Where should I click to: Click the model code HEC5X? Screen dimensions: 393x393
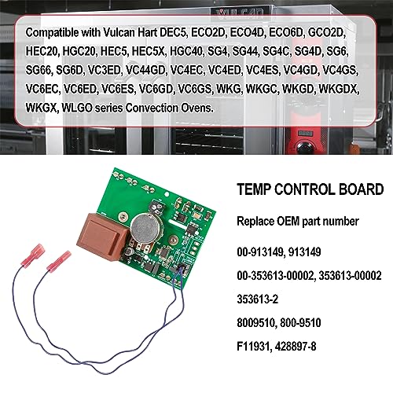[149, 51]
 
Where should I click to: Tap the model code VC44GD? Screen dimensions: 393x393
[145, 70]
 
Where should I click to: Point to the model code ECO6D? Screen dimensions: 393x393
[286, 32]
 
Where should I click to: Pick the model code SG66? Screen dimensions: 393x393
[39, 70]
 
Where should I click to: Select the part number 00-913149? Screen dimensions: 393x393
[260, 252]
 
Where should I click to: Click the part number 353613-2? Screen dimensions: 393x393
[257, 299]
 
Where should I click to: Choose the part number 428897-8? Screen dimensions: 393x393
[296, 347]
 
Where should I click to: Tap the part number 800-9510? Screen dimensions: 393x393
[300, 323]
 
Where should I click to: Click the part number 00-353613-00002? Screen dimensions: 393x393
[275, 276]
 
